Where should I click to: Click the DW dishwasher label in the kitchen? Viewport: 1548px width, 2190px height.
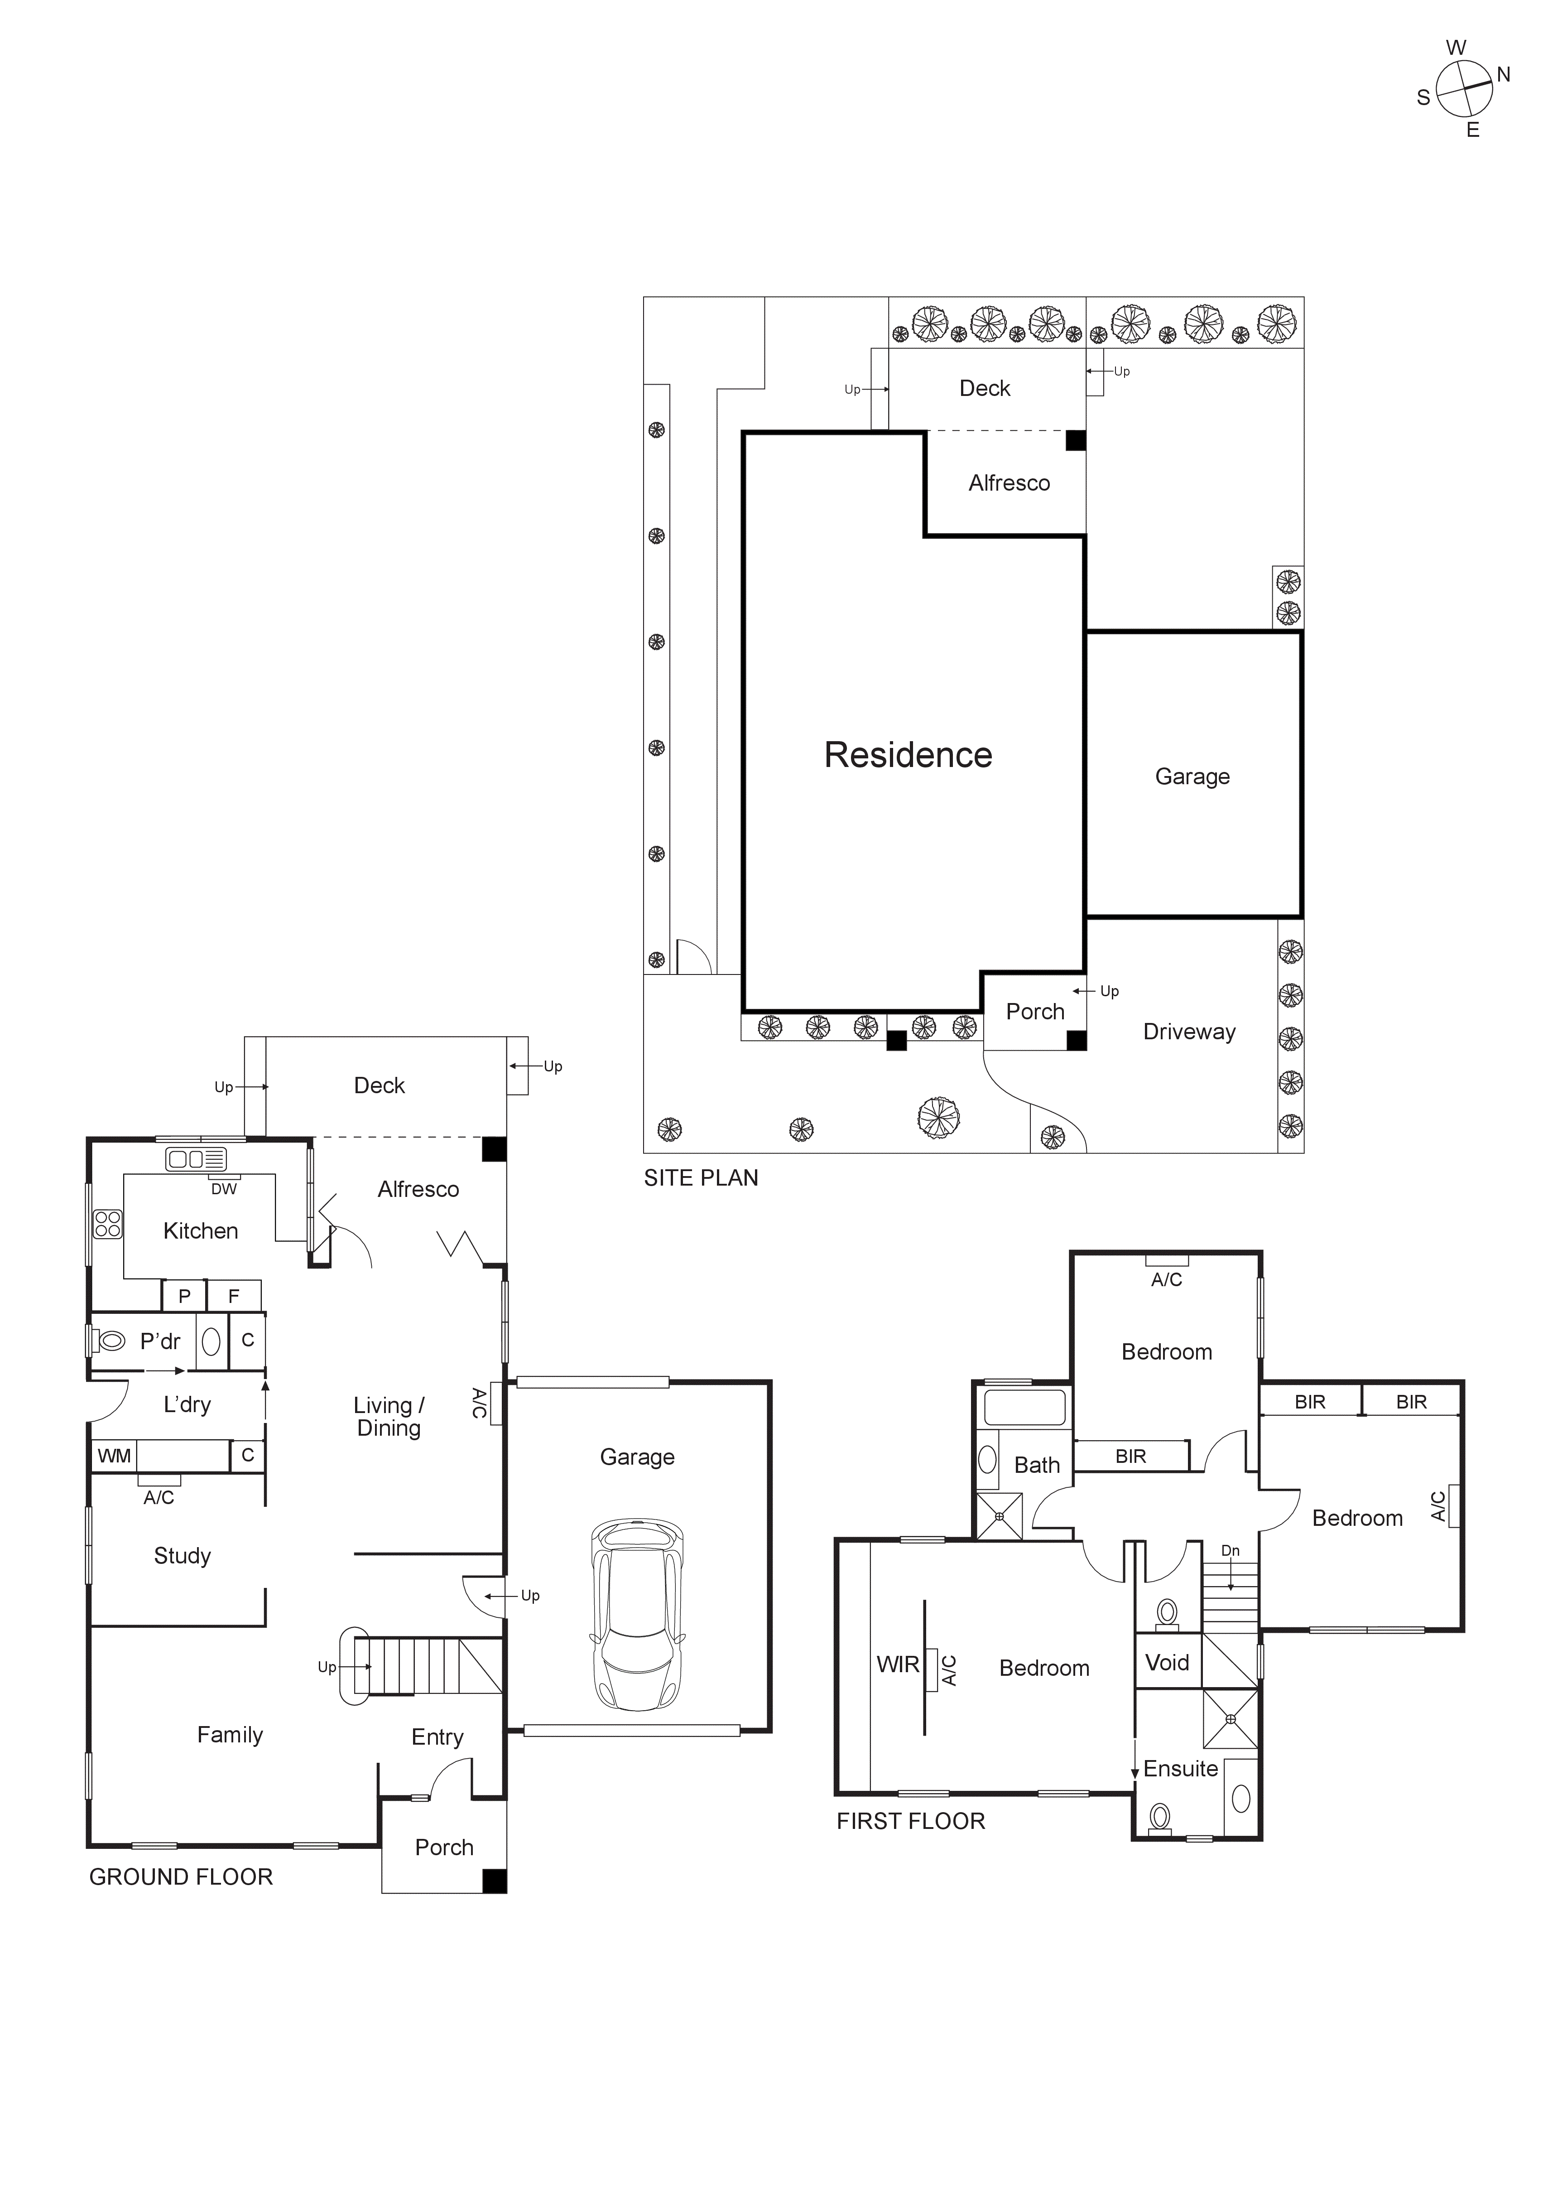(223, 1188)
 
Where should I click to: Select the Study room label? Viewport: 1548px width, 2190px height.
(182, 1556)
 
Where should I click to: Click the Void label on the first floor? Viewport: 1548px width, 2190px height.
(1167, 1663)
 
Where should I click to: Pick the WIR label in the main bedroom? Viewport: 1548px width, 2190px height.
(898, 1664)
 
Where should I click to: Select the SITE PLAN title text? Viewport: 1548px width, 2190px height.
(701, 1178)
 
